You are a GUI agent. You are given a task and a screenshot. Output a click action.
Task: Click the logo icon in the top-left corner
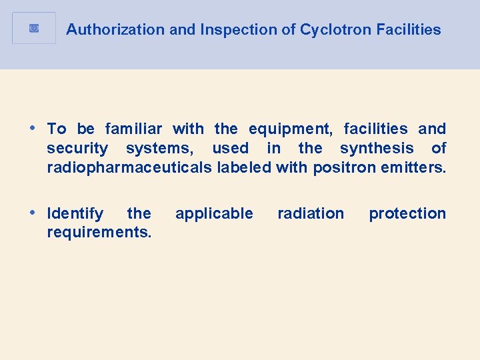(34, 28)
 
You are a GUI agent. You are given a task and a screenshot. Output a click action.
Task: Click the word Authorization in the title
(105, 30)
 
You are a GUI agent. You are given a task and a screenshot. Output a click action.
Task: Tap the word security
(77, 148)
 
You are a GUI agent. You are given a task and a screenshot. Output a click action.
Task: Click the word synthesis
(377, 148)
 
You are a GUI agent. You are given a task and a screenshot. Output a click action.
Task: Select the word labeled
(244, 167)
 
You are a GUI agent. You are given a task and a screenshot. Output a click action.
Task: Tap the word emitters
(413, 167)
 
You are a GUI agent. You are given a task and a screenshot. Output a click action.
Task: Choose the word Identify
(75, 213)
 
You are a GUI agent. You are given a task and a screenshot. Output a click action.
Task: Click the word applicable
(214, 213)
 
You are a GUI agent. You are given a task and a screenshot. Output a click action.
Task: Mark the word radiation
(311, 213)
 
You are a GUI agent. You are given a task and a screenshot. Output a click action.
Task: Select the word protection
(407, 213)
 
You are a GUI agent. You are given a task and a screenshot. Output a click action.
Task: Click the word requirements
(99, 233)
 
